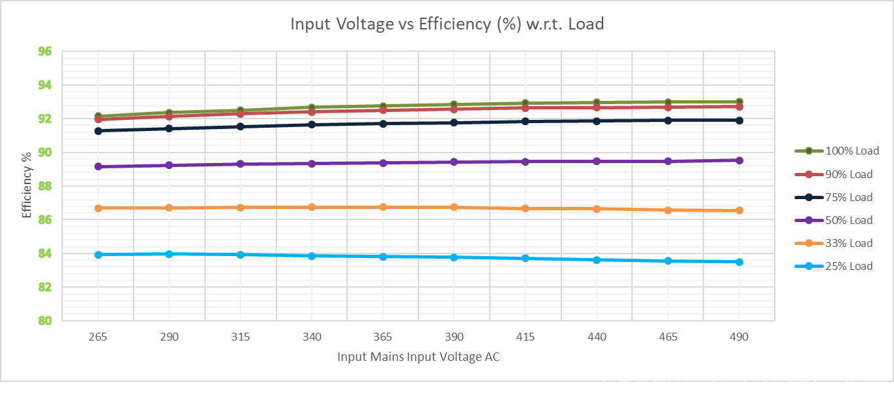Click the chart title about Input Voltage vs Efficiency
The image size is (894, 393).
(x=447, y=24)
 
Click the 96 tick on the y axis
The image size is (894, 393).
(x=45, y=51)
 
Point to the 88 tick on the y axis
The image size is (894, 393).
(x=45, y=186)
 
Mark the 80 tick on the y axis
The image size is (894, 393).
(x=45, y=320)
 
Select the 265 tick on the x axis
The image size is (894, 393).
(x=98, y=337)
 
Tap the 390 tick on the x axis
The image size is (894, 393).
(x=454, y=337)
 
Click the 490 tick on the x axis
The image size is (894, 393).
(x=739, y=337)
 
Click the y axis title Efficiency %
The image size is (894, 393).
(x=27, y=186)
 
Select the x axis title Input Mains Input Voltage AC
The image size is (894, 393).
(x=419, y=357)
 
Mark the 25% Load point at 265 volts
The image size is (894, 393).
(x=98, y=255)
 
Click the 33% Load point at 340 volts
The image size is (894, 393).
(x=312, y=207)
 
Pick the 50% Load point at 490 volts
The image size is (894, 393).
(x=739, y=160)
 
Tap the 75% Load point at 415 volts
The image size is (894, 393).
(x=525, y=121)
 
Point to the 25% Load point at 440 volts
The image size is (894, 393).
(x=597, y=260)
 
